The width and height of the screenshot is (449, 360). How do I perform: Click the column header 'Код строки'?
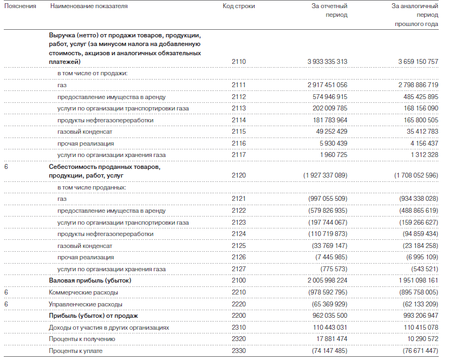238,6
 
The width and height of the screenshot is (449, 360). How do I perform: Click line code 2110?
238,62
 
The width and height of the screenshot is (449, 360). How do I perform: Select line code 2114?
238,120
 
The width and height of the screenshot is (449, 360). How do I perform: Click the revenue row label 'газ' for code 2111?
62,85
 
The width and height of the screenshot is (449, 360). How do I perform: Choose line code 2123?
238,222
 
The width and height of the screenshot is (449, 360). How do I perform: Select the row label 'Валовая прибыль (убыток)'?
90,280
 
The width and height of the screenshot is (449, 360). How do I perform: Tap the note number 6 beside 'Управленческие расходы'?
6,304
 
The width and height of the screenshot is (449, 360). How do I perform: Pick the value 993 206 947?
413,316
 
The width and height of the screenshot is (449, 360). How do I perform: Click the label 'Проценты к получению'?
82,339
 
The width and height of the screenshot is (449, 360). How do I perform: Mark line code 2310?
238,328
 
